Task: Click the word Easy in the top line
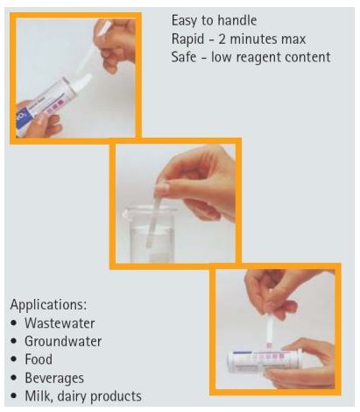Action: [184, 21]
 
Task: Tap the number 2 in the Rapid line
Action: [222, 39]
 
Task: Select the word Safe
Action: [184, 57]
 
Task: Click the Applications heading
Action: [48, 305]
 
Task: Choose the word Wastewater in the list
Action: [60, 323]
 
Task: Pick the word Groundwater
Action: [63, 341]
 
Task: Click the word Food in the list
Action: [39, 359]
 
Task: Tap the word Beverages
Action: [54, 378]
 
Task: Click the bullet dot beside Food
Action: [14, 359]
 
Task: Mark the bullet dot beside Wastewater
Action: [14, 323]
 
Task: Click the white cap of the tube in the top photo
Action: [81, 82]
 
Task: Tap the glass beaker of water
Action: [150, 234]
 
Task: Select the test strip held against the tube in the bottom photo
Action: [270, 331]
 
